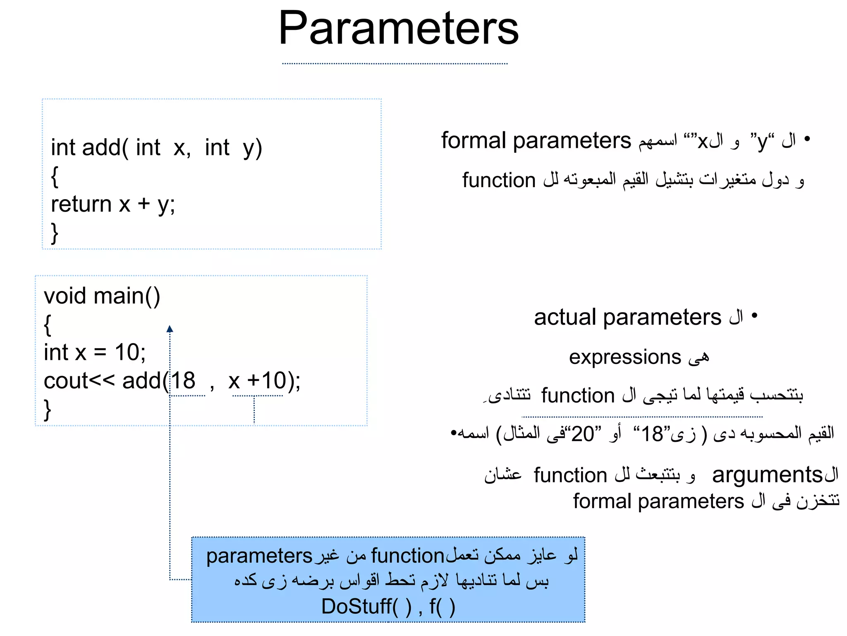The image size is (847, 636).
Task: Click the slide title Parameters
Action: pyautogui.click(x=398, y=29)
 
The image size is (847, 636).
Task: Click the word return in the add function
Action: pyautogui.click(x=81, y=204)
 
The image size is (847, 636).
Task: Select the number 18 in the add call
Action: pyautogui.click(x=183, y=381)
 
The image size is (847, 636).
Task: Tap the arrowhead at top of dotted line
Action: pyautogui.click(x=170, y=329)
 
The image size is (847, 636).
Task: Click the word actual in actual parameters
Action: pyautogui.click(x=565, y=318)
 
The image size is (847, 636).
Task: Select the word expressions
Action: pyautogui.click(x=624, y=357)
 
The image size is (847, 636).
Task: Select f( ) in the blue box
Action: pyautogui.click(x=442, y=607)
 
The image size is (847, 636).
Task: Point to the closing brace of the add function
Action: pyautogui.click(x=54, y=233)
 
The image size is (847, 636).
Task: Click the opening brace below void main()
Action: pyautogui.click(x=48, y=325)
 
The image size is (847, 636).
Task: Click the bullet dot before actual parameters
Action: pyautogui.click(x=754, y=316)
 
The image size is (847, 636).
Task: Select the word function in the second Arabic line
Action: pyautogui.click(x=499, y=181)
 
